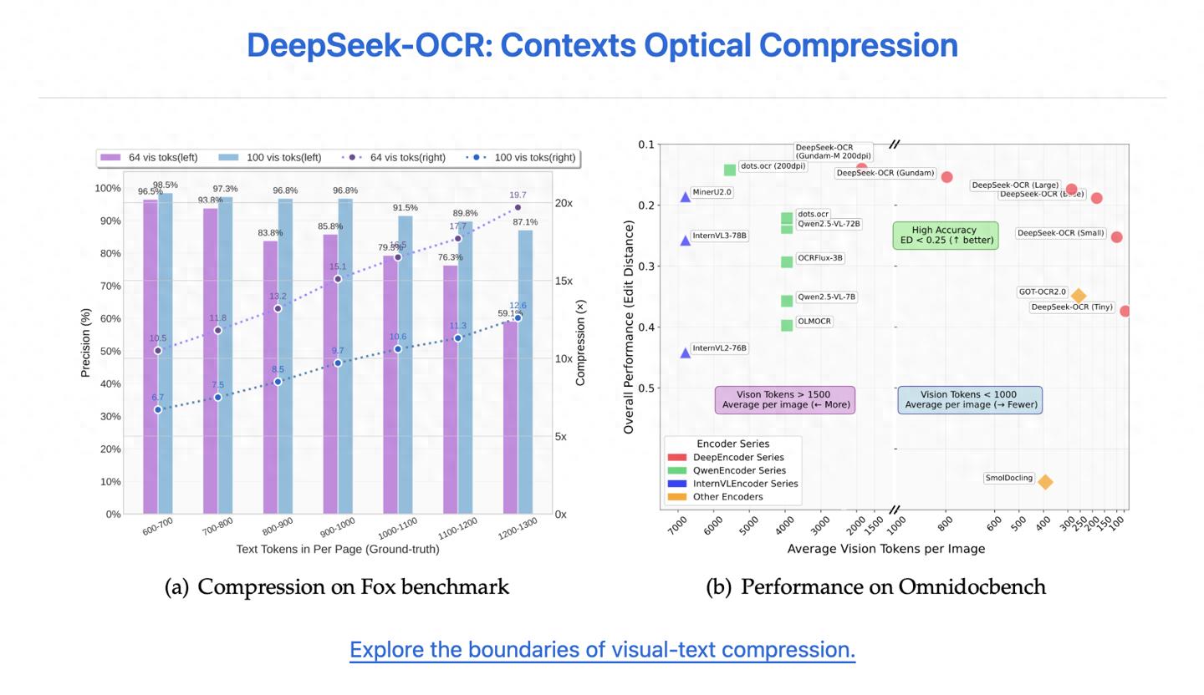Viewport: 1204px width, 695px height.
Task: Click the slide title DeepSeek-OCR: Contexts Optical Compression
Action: pyautogui.click(x=602, y=45)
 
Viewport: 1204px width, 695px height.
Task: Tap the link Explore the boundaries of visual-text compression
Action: pyautogui.click(x=602, y=650)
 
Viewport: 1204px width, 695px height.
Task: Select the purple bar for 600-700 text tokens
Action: pyautogui.click(x=150, y=359)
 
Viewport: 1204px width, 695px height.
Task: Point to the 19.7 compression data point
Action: pyautogui.click(x=518, y=207)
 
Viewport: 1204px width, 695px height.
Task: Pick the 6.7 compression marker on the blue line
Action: pyautogui.click(x=158, y=409)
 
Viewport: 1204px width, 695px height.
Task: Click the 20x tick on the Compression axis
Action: pyautogui.click(x=564, y=203)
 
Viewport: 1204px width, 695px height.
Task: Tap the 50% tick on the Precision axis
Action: pyautogui.click(x=110, y=351)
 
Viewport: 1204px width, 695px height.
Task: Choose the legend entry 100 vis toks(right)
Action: pyautogui.click(x=523, y=157)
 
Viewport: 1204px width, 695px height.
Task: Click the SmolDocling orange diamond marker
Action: pyautogui.click(x=1045, y=482)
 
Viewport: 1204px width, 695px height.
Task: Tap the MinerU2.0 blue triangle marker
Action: pyautogui.click(x=686, y=197)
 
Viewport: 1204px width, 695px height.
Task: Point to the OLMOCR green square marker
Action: pyautogui.click(x=787, y=325)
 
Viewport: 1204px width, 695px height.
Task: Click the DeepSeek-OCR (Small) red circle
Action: pyautogui.click(x=1116, y=237)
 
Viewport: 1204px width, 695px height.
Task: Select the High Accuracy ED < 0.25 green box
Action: pyautogui.click(x=945, y=235)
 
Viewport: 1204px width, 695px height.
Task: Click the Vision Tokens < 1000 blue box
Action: pyautogui.click(x=970, y=400)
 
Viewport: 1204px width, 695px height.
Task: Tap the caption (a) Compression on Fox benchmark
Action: pyautogui.click(x=337, y=587)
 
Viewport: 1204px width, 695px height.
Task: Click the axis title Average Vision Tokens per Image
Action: pyautogui.click(x=885, y=549)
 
